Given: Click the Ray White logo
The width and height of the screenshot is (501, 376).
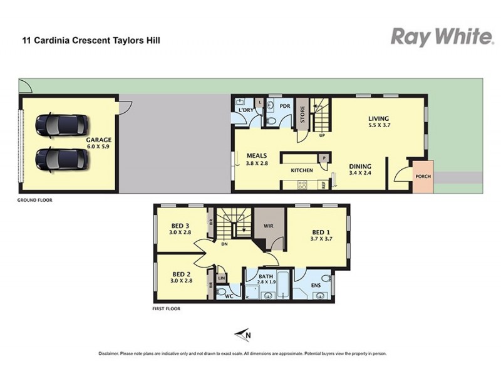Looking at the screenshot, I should pos(442,37).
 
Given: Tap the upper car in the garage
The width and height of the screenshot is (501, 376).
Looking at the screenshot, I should pos(61,125).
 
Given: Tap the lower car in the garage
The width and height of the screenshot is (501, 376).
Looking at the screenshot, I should pos(61,159).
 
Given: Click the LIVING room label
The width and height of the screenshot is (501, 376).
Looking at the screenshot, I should pos(378,118).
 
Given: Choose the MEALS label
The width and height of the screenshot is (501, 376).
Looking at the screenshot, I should pos(257,155).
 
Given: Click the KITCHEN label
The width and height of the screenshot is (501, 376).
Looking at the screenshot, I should pos(301,170).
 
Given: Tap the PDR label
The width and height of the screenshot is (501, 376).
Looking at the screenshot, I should pos(284,107).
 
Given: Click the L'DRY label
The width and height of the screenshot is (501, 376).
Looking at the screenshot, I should pos(246,110).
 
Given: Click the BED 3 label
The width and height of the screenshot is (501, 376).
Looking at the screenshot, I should pos(180,226).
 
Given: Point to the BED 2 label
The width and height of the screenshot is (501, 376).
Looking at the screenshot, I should pos(180,273).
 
